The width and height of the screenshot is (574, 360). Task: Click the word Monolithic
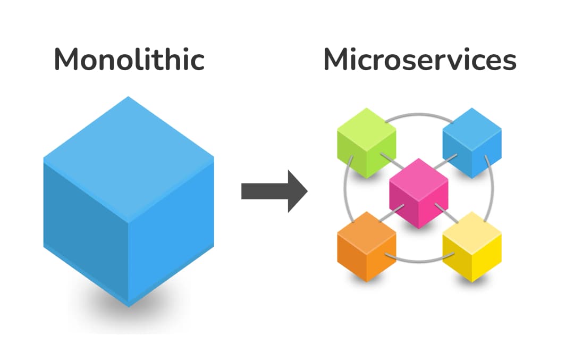[129, 60]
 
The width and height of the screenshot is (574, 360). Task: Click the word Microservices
[420, 60]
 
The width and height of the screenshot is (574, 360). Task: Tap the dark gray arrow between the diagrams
[274, 191]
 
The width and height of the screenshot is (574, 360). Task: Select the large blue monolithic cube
[129, 202]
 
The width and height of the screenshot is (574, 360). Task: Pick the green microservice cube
[367, 143]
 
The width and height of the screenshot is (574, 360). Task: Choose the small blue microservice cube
[472, 143]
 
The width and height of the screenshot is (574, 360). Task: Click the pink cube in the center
[419, 193]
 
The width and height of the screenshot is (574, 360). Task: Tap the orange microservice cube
[367, 246]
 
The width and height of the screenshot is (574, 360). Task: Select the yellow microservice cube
[472, 246]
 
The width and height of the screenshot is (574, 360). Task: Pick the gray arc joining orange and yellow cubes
[419, 261]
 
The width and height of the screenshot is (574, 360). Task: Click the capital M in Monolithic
[67, 60]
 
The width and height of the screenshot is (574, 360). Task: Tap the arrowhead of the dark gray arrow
[298, 191]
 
